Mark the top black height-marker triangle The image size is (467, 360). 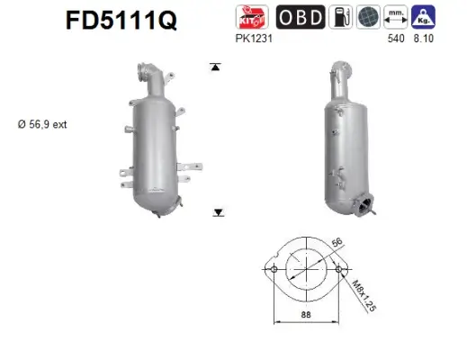(x=217, y=67)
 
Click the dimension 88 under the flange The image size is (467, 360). (x=306, y=315)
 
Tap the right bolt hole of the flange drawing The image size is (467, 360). (x=339, y=268)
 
